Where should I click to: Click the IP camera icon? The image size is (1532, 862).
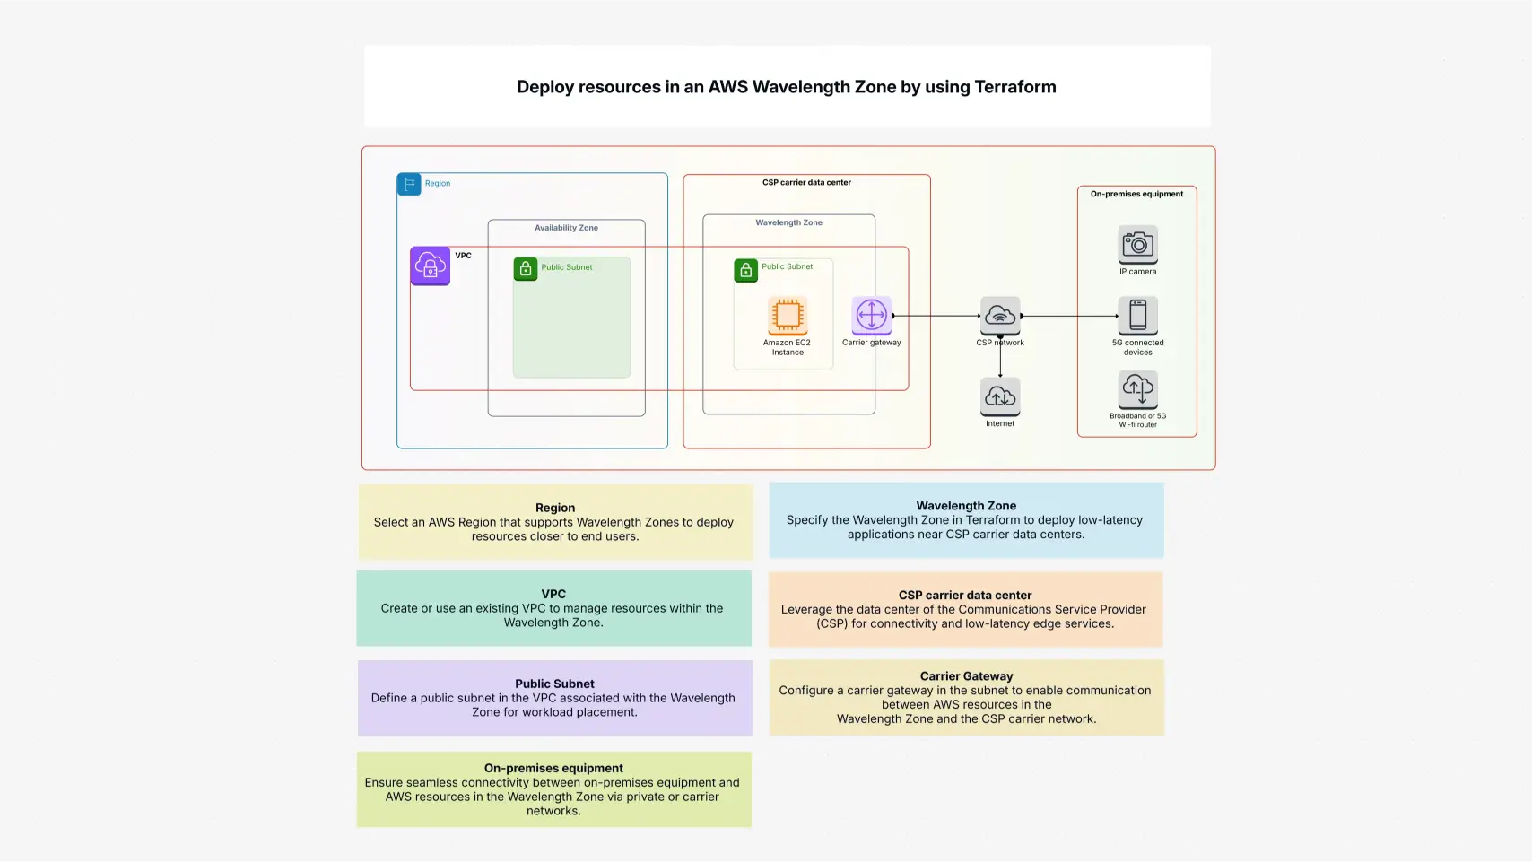1137,244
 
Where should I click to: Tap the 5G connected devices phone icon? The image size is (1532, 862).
1137,316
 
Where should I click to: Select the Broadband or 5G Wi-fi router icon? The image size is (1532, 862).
1137,389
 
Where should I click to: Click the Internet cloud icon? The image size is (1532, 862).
1000,396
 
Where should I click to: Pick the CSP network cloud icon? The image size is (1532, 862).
1000,316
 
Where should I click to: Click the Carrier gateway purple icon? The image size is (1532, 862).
871,315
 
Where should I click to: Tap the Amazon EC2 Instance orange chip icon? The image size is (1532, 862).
788,315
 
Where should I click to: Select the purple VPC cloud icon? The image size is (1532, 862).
431,266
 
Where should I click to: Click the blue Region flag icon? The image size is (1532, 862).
409,184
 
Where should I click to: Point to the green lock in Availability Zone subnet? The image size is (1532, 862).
526,268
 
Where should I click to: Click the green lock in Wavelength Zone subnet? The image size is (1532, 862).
746,269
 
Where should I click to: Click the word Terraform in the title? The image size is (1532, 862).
1015,87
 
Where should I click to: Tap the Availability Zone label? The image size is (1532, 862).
566,228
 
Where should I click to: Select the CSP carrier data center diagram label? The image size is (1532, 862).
806,182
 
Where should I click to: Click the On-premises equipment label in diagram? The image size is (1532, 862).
1136,194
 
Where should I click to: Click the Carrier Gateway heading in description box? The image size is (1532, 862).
966,676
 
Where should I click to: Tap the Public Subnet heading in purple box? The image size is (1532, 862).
554,684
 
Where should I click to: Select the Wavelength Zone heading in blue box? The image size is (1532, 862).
966,506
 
